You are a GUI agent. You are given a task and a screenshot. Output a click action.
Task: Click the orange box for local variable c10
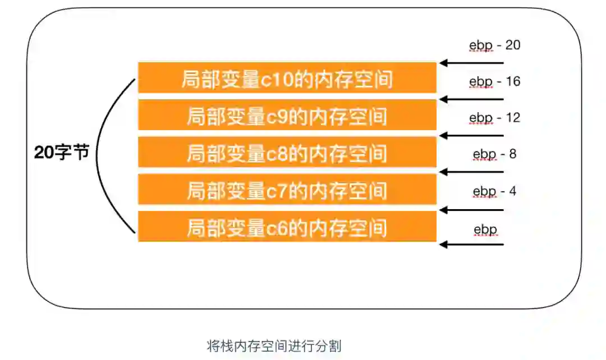[x=287, y=77]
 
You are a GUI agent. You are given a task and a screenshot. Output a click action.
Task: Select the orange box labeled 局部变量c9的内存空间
[x=287, y=115]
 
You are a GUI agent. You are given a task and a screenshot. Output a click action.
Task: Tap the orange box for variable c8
[x=287, y=153]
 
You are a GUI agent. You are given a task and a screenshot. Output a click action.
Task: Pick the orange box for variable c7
[x=287, y=190]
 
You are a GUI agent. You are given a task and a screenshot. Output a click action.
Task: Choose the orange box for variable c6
[x=287, y=227]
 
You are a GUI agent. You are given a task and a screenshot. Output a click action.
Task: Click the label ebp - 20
[x=494, y=45]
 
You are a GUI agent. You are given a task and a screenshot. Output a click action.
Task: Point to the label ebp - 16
[x=494, y=81]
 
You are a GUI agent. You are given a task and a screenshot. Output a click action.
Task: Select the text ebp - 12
[x=494, y=118]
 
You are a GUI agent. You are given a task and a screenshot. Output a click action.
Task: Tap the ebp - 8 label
[x=494, y=154]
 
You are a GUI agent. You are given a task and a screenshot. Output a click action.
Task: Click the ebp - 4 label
[x=494, y=191]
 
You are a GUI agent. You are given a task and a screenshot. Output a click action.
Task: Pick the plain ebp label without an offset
[x=485, y=229]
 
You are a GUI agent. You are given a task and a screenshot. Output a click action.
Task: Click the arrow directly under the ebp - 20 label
[x=472, y=63]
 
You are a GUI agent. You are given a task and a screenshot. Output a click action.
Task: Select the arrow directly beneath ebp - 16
[x=472, y=99]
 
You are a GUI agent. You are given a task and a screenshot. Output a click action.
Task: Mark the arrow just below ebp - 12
[x=472, y=136]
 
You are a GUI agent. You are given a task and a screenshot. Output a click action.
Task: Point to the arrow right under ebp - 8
[x=472, y=172]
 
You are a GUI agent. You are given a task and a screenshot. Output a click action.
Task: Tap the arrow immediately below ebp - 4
[x=472, y=210]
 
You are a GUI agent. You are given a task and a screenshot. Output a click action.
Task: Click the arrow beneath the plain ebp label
[x=472, y=244]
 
